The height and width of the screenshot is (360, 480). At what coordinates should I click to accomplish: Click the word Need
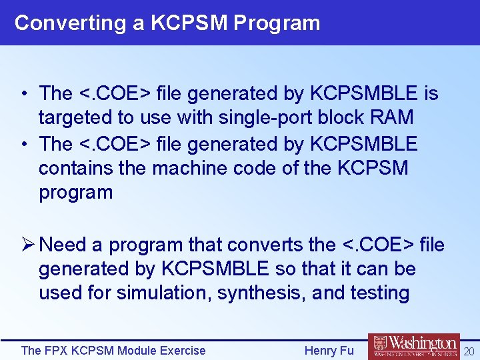[x=63, y=245]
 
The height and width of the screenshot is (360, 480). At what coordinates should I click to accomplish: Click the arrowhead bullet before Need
[x=28, y=245]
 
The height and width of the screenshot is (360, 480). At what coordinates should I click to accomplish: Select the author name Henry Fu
[x=329, y=351]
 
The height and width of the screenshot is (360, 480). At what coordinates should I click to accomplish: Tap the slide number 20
[x=469, y=351]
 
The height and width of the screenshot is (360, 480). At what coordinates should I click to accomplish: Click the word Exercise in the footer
[x=181, y=351]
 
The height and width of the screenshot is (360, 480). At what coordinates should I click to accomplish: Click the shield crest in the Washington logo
[x=378, y=347]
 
